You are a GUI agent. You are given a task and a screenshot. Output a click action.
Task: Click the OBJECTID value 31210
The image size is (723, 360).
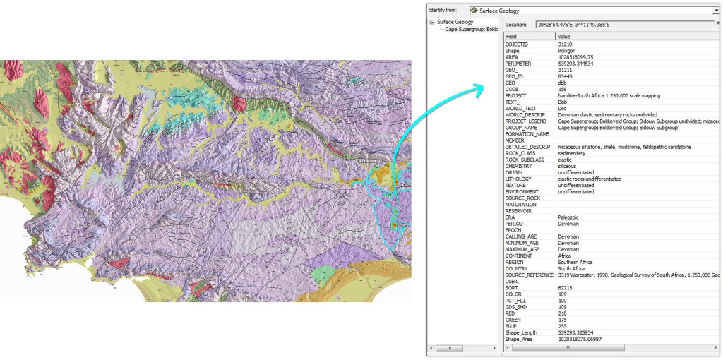tap(568, 44)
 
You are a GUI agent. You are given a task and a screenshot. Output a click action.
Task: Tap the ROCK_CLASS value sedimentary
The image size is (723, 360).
tap(571, 153)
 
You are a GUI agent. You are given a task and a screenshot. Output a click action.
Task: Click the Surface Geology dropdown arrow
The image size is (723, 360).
tap(716, 11)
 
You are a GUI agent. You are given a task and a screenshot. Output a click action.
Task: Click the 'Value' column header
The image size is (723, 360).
tap(564, 36)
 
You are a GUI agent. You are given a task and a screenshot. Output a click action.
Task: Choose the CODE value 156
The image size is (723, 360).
tap(563, 89)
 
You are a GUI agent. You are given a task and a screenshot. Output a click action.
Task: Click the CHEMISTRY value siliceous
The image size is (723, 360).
tap(569, 166)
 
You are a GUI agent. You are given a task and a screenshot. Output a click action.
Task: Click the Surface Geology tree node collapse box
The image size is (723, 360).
tap(433, 22)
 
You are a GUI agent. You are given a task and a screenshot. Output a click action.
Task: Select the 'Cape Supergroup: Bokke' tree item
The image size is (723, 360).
tap(472, 29)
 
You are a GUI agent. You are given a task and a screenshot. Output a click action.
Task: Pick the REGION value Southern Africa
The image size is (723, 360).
tap(575, 262)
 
